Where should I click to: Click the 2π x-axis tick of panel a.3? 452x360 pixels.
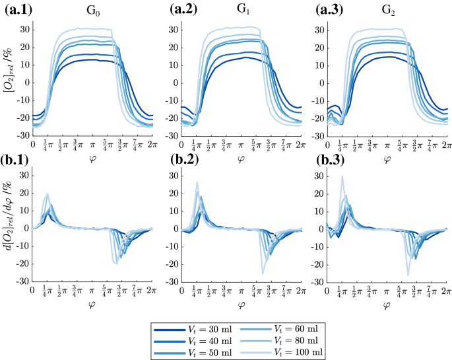click(447, 144)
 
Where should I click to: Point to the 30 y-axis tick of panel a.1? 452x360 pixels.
click(25, 30)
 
